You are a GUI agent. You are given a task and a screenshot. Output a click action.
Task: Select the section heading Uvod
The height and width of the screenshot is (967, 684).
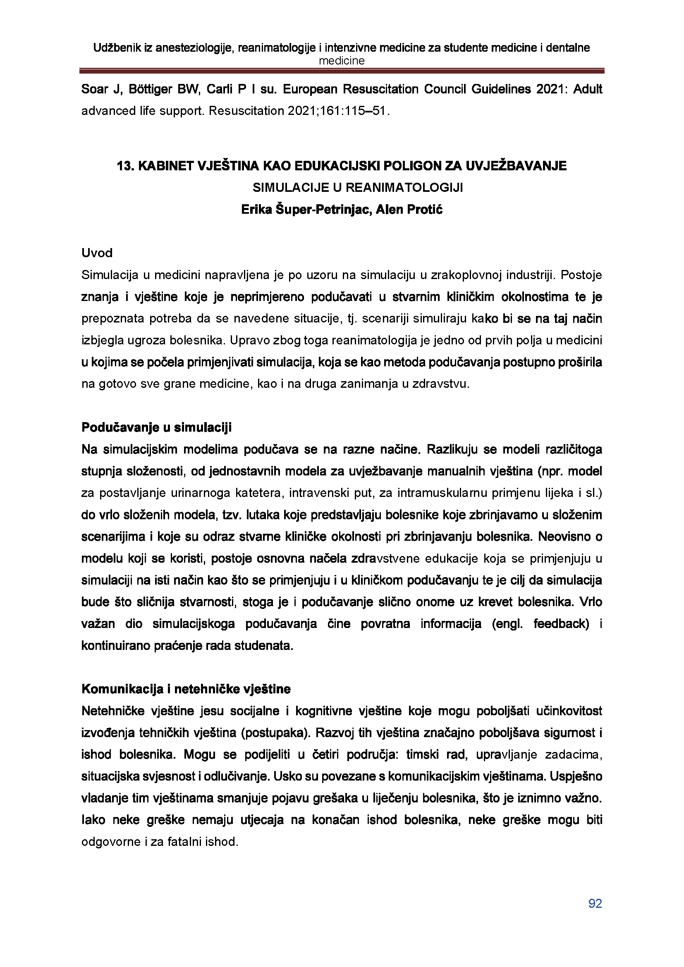tap(97, 253)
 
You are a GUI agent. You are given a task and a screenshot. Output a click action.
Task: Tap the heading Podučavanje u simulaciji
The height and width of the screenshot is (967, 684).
tap(156, 427)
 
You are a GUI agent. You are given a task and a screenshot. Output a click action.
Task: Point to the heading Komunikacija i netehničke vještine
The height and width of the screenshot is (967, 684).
tap(186, 689)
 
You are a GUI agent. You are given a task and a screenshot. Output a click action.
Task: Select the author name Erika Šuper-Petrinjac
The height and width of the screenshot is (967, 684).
tap(305, 209)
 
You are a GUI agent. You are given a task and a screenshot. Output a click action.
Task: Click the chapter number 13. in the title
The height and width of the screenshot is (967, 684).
tap(125, 166)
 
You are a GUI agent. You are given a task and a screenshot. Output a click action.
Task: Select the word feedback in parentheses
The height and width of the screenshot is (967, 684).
tap(561, 624)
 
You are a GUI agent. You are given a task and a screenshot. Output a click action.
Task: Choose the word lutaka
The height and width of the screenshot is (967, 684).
tap(264, 515)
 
